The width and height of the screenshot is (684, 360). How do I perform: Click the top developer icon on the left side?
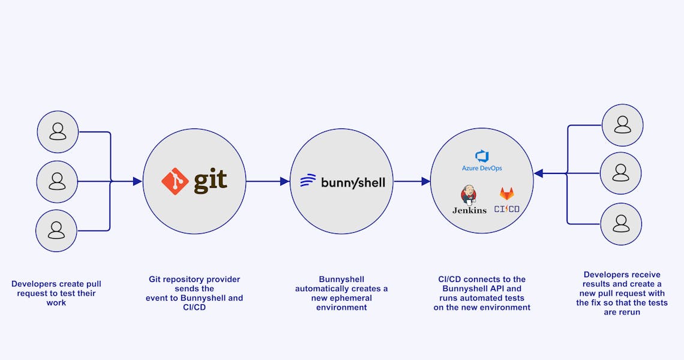click(58, 131)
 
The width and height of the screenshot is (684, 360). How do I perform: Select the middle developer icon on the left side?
click(58, 181)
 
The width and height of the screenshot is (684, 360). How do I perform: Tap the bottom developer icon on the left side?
click(56, 230)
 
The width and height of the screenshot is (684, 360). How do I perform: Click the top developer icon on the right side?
click(622, 125)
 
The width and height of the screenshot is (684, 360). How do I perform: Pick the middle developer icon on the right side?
click(621, 173)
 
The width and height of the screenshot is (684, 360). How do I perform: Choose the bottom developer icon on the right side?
click(621, 224)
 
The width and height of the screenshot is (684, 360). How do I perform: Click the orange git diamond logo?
click(175, 181)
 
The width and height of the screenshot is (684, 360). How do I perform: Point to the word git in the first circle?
click(211, 181)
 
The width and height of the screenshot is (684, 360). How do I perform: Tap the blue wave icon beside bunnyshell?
click(308, 181)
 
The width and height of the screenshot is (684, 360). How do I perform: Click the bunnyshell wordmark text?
click(353, 182)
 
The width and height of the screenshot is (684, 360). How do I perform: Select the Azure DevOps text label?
click(482, 169)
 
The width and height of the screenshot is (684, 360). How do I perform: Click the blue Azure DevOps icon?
click(482, 156)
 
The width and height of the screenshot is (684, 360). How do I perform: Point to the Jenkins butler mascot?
click(469, 196)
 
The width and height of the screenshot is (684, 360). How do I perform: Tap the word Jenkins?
click(469, 210)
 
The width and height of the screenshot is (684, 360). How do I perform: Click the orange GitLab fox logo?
click(507, 194)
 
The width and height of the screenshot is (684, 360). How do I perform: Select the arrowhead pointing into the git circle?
click(137, 181)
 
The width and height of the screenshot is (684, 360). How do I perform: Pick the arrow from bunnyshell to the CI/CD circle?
click(412, 181)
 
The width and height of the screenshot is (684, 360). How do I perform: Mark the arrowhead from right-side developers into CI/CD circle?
click(539, 173)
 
